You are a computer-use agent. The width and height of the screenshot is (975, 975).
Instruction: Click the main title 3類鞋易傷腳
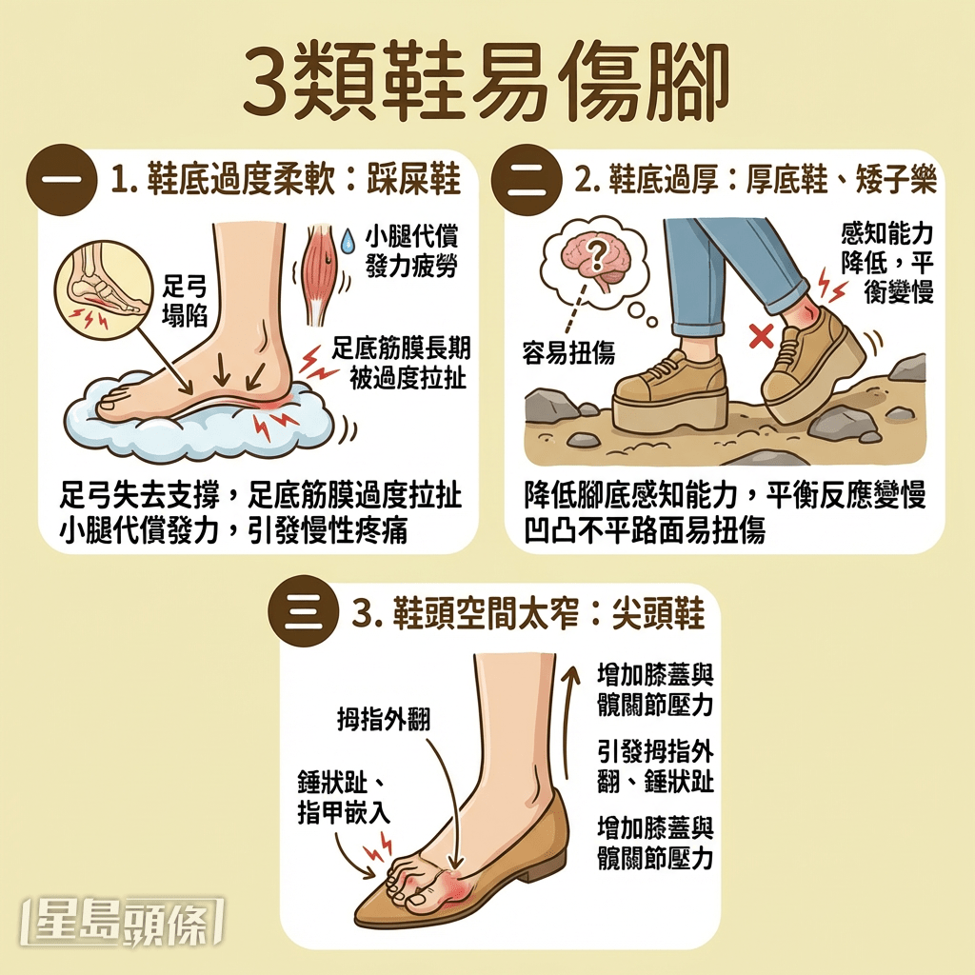click(487, 81)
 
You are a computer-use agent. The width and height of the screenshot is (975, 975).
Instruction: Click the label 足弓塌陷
click(185, 302)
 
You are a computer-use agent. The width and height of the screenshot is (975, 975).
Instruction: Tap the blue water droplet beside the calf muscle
click(348, 235)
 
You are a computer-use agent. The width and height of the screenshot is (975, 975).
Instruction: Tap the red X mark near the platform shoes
click(760, 335)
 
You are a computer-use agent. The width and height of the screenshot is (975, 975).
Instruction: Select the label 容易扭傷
click(568, 354)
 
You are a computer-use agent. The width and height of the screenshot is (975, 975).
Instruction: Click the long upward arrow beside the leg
click(571, 724)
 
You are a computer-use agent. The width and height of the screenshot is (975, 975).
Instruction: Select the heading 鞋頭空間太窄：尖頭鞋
click(528, 615)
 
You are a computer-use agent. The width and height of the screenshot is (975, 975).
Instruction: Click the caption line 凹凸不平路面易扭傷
click(645, 529)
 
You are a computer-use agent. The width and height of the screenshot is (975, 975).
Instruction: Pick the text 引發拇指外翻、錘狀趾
click(654, 766)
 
